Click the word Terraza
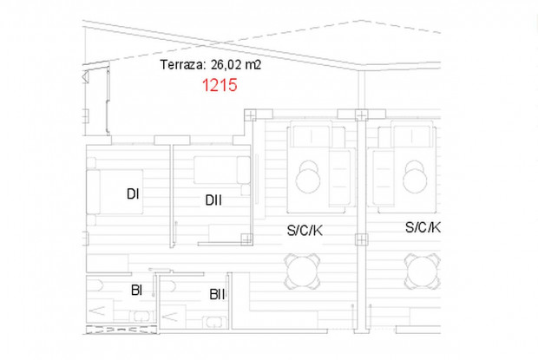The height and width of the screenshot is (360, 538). coord(180,64)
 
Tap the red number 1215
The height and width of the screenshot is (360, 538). coord(220,86)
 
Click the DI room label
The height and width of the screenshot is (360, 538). coord(133,194)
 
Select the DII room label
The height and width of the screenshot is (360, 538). coord(213,200)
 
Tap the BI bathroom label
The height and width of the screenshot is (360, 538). coord(136,290)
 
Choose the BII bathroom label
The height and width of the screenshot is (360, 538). coord(217,294)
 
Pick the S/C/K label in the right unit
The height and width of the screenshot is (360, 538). coord(423,227)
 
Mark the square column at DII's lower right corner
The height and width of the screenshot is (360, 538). coord(246,238)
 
